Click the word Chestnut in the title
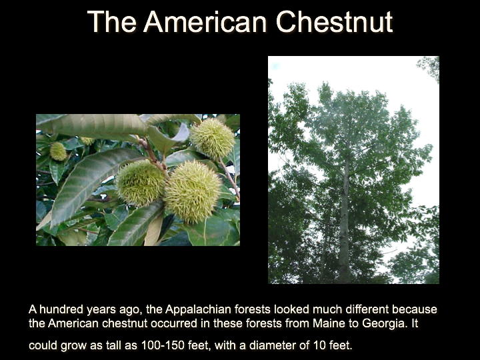pos(334,21)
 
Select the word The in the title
pos(111,21)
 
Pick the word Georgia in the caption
pos(385,324)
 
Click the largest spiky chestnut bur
pos(192,191)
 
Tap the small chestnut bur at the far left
pos(58,151)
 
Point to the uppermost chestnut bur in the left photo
pos(212,138)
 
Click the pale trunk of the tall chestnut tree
pos(345,221)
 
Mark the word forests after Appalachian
pos(252,309)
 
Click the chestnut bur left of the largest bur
pos(140,183)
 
